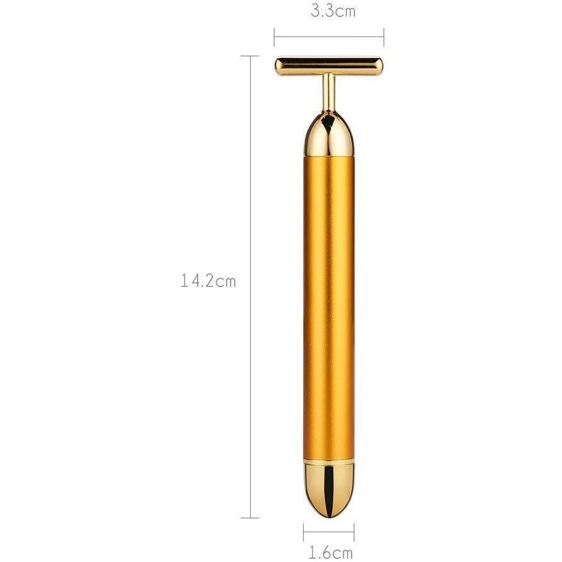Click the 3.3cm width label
point(333,11)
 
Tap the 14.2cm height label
point(209,281)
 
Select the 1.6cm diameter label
point(331,553)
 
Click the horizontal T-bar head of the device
point(329,66)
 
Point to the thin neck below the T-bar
point(329,93)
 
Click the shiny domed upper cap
point(329,135)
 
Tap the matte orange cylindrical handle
point(329,308)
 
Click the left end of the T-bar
point(275,66)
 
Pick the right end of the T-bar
point(383,66)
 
